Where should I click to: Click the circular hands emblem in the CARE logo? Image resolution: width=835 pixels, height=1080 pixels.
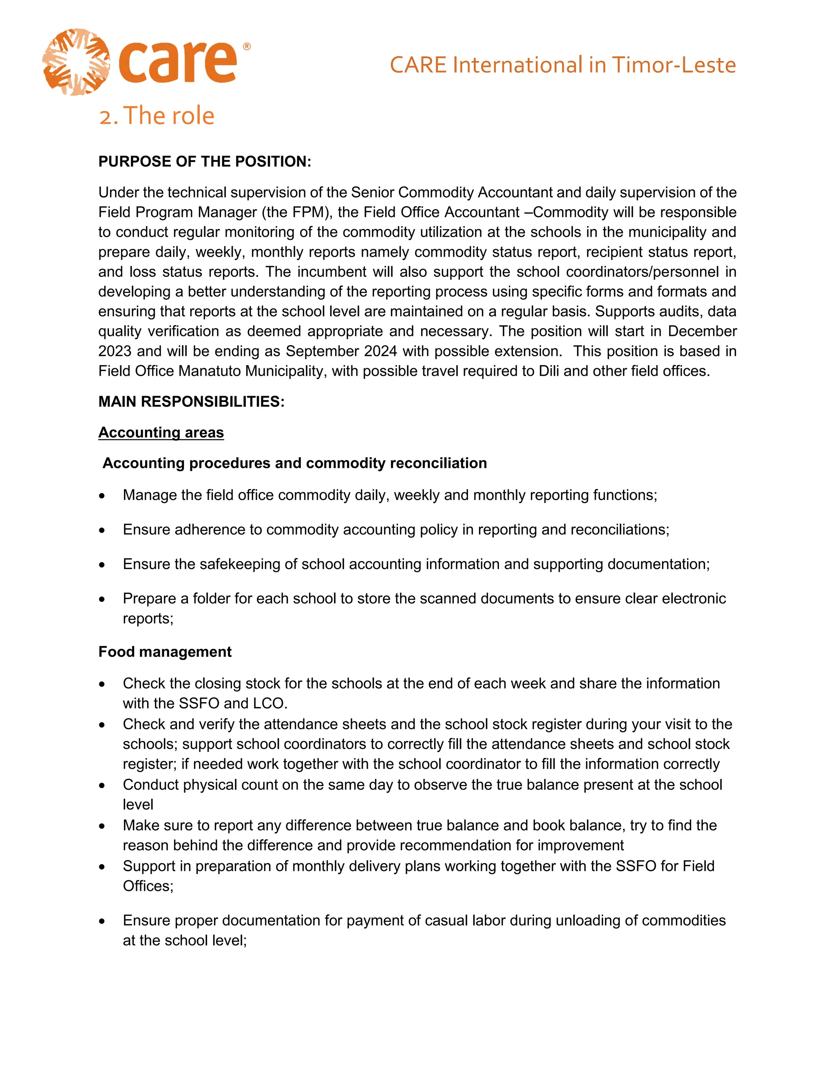click(x=76, y=62)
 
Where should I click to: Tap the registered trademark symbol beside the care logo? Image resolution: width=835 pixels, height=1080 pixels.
click(x=247, y=46)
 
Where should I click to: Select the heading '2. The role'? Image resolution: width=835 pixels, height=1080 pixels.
click(x=156, y=116)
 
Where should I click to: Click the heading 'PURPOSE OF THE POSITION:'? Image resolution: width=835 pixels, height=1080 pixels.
click(x=204, y=162)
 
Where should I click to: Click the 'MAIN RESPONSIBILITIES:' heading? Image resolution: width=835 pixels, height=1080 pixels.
click(x=192, y=401)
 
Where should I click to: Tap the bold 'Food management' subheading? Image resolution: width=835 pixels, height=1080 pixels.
click(x=165, y=652)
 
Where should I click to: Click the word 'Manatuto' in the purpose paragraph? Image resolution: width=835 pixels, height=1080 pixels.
click(x=209, y=371)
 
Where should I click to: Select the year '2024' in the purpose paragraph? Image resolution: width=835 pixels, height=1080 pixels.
click(x=380, y=351)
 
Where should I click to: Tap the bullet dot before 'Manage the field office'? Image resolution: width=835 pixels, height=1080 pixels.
click(x=102, y=496)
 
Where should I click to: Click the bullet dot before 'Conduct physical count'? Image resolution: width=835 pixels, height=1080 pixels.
click(x=102, y=785)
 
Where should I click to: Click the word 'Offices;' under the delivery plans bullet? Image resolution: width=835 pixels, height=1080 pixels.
click(x=148, y=886)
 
